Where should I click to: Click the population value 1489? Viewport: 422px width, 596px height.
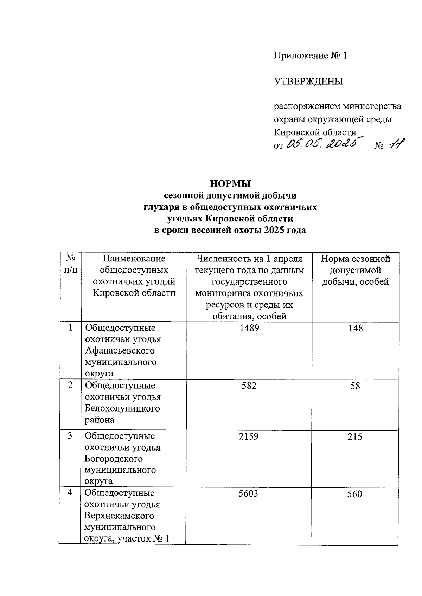(249, 328)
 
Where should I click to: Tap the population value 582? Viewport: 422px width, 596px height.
(249, 386)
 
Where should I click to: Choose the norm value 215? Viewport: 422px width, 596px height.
(354, 437)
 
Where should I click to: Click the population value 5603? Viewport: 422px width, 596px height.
(248, 494)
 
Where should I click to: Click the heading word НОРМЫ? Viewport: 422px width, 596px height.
(230, 184)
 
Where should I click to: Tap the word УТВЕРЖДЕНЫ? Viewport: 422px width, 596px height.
(308, 82)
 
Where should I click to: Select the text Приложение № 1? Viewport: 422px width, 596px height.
(310, 56)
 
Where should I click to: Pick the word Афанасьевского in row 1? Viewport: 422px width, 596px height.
(120, 351)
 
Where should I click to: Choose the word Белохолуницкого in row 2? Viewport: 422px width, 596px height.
(122, 408)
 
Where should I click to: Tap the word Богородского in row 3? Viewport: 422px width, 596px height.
(113, 459)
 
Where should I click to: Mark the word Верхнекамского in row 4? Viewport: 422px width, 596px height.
(119, 516)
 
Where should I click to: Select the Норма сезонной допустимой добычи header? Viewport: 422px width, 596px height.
(356, 270)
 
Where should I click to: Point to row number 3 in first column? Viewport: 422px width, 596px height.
(70, 436)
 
